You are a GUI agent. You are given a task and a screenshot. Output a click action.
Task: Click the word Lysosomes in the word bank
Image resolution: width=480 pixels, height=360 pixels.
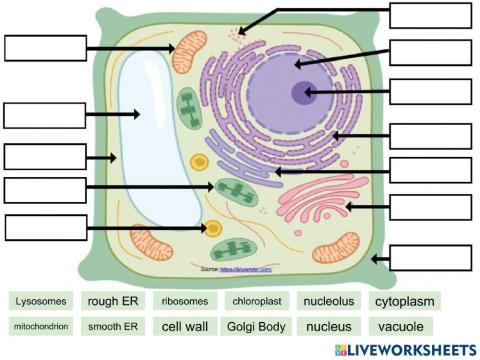coord(42,301)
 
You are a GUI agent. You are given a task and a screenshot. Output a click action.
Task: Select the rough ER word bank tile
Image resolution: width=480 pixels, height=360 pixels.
coord(112,301)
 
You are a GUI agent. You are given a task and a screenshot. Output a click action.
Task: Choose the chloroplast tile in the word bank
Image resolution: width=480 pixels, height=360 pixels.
coord(256,301)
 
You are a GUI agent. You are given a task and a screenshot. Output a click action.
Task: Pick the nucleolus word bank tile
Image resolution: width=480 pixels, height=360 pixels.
coord(329,301)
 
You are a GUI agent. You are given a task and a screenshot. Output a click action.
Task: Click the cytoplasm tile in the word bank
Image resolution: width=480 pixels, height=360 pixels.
coord(405,301)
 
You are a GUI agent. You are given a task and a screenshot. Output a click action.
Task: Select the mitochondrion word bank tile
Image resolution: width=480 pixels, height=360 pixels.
coord(42,326)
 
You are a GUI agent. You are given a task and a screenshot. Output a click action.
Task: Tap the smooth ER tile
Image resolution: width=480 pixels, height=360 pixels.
coord(112,326)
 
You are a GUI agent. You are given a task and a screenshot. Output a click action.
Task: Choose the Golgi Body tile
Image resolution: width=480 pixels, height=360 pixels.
coord(256,326)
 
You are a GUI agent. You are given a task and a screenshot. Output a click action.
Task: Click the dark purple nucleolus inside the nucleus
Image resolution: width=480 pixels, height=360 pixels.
coord(301,93)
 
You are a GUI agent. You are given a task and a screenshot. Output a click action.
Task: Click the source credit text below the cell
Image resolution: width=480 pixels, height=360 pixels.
coord(236,270)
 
